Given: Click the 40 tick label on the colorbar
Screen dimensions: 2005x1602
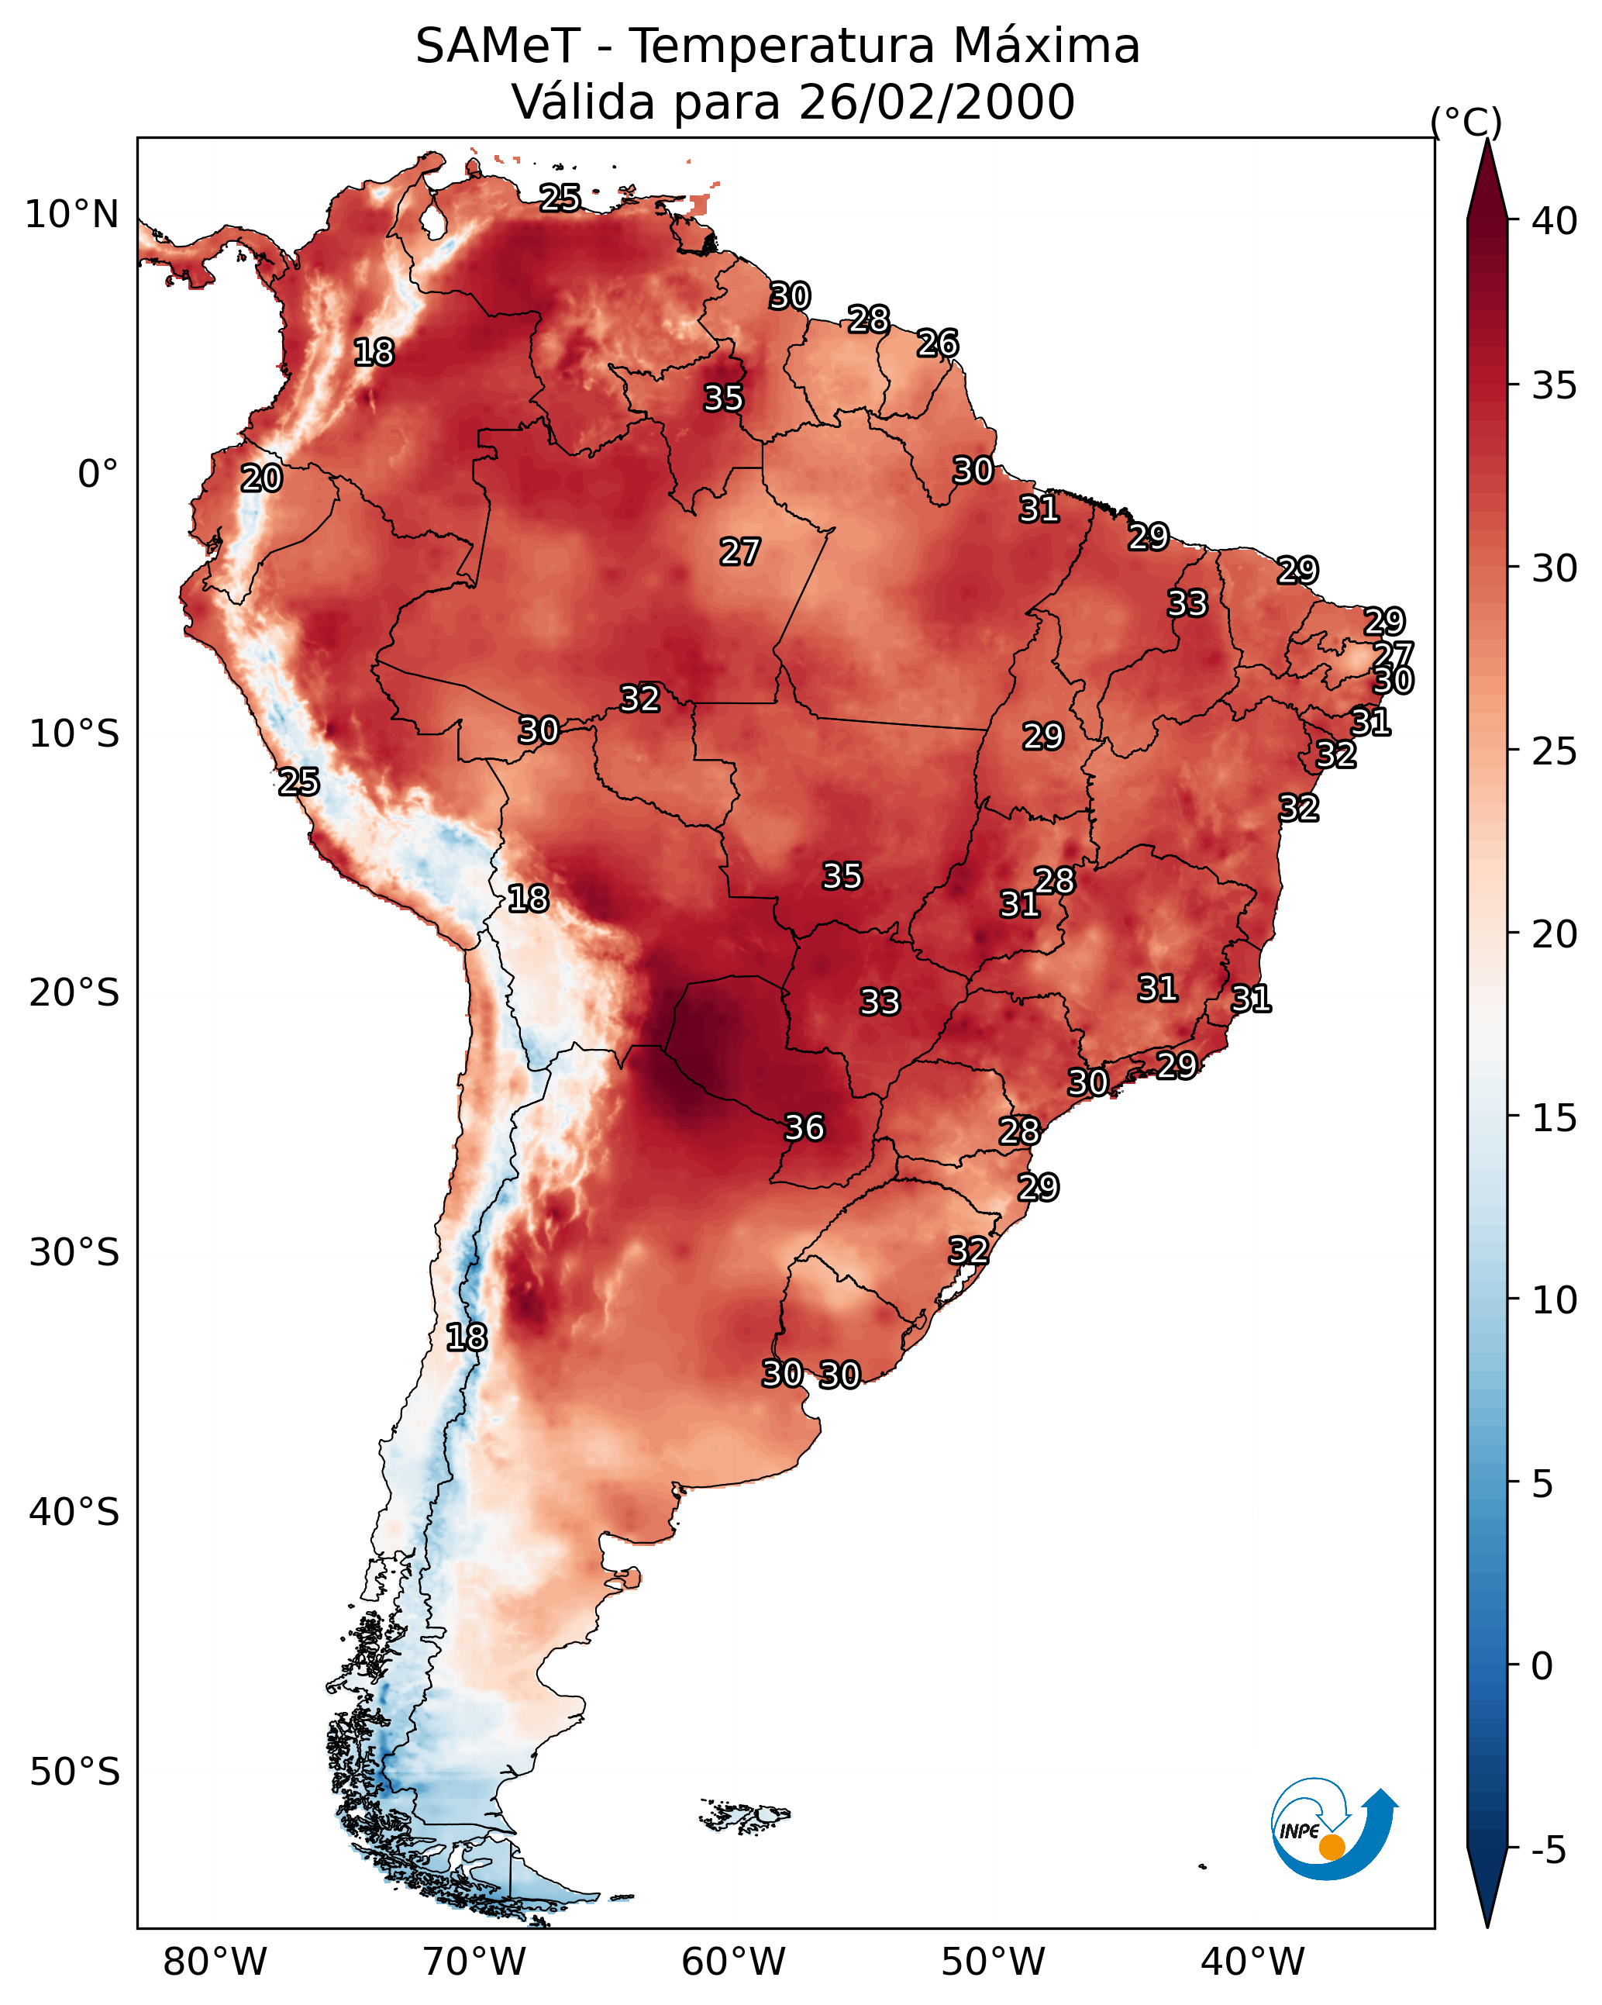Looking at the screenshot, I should click(x=1555, y=221).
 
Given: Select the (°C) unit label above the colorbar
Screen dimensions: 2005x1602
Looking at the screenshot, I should click(x=1466, y=122).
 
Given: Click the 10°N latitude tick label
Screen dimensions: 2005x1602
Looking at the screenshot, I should click(x=71, y=215).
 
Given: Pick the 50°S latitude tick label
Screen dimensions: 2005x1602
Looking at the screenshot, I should click(x=74, y=1772).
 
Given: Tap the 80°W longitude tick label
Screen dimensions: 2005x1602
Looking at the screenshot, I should click(x=215, y=1962).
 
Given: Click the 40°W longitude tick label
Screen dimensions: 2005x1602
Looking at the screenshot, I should click(x=1252, y=1962).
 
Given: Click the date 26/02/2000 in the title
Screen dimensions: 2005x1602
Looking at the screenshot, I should click(x=936, y=102).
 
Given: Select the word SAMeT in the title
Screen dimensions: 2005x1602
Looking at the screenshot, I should click(x=498, y=47).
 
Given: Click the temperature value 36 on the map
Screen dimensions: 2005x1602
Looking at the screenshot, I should click(x=804, y=1128).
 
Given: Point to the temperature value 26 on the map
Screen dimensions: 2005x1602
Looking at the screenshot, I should click(x=937, y=343).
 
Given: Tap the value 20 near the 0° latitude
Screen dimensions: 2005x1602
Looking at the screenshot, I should click(x=261, y=479).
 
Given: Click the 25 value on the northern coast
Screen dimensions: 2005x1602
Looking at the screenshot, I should click(x=560, y=197).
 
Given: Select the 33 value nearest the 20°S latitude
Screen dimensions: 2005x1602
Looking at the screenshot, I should click(x=880, y=1002).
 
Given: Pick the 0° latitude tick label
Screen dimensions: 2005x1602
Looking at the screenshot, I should click(x=98, y=475).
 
